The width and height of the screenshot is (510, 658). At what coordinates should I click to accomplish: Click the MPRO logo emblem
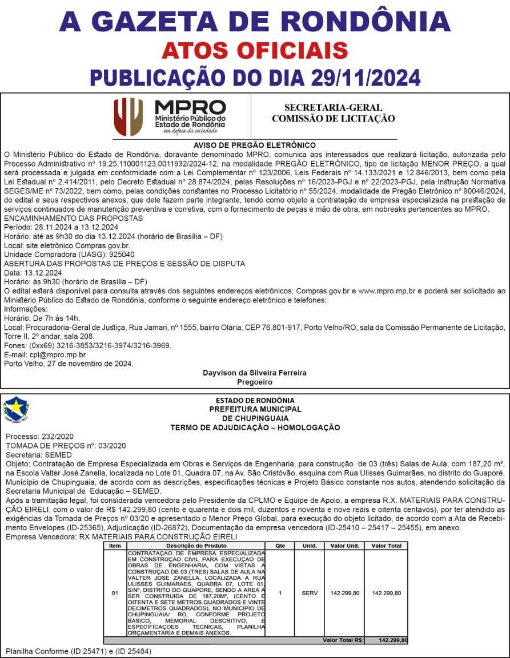tap(128, 116)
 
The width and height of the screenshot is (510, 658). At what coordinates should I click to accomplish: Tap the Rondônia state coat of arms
tap(15, 409)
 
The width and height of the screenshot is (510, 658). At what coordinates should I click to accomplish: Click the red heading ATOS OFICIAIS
tap(255, 50)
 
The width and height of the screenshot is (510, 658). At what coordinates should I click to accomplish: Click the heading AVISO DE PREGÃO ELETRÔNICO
tap(255, 146)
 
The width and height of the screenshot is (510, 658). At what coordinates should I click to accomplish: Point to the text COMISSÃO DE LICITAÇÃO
tap(333, 119)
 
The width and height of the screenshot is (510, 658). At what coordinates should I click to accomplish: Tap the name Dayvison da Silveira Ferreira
tap(255, 373)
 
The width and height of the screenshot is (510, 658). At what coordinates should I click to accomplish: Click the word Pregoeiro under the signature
tap(255, 382)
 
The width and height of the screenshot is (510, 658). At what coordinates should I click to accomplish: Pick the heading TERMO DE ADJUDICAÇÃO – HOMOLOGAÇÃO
tap(255, 427)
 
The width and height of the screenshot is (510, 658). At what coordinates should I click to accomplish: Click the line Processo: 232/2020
tap(38, 437)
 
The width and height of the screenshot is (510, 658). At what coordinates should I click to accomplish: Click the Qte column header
tap(280, 546)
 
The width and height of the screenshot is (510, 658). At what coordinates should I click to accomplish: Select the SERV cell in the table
tap(310, 593)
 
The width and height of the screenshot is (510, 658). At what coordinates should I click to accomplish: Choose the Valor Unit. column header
tap(345, 546)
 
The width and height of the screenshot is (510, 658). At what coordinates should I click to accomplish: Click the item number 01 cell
tap(115, 593)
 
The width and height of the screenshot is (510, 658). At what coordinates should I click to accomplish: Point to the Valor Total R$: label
tap(343, 640)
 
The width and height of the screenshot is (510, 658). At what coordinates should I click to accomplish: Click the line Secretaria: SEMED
tap(38, 455)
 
